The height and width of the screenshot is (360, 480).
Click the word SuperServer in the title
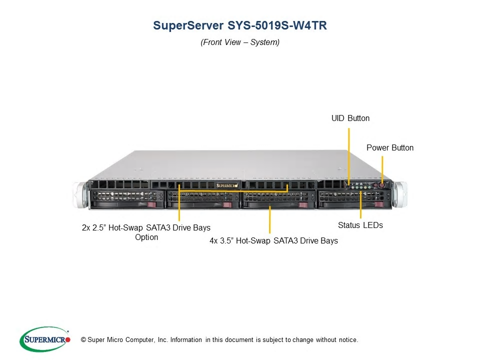(188, 25)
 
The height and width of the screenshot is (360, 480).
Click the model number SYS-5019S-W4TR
(277, 25)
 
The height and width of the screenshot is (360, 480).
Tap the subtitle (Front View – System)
(240, 42)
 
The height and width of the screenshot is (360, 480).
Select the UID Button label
(350, 118)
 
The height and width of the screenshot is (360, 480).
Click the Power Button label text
(390, 147)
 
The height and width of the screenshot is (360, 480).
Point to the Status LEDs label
(360, 225)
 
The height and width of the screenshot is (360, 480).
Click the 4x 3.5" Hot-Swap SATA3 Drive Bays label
(273, 240)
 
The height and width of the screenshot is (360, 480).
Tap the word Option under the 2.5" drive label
(146, 237)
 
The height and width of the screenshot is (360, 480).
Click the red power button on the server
(381, 185)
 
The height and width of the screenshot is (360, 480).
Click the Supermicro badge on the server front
(227, 185)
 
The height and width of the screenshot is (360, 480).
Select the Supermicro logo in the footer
(45, 339)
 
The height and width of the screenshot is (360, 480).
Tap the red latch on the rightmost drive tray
(379, 204)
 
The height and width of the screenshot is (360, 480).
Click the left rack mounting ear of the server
(80, 195)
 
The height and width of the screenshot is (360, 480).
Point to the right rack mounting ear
(400, 194)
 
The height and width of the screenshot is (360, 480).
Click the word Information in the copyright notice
(186, 340)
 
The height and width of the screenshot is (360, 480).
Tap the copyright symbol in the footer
(83, 340)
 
